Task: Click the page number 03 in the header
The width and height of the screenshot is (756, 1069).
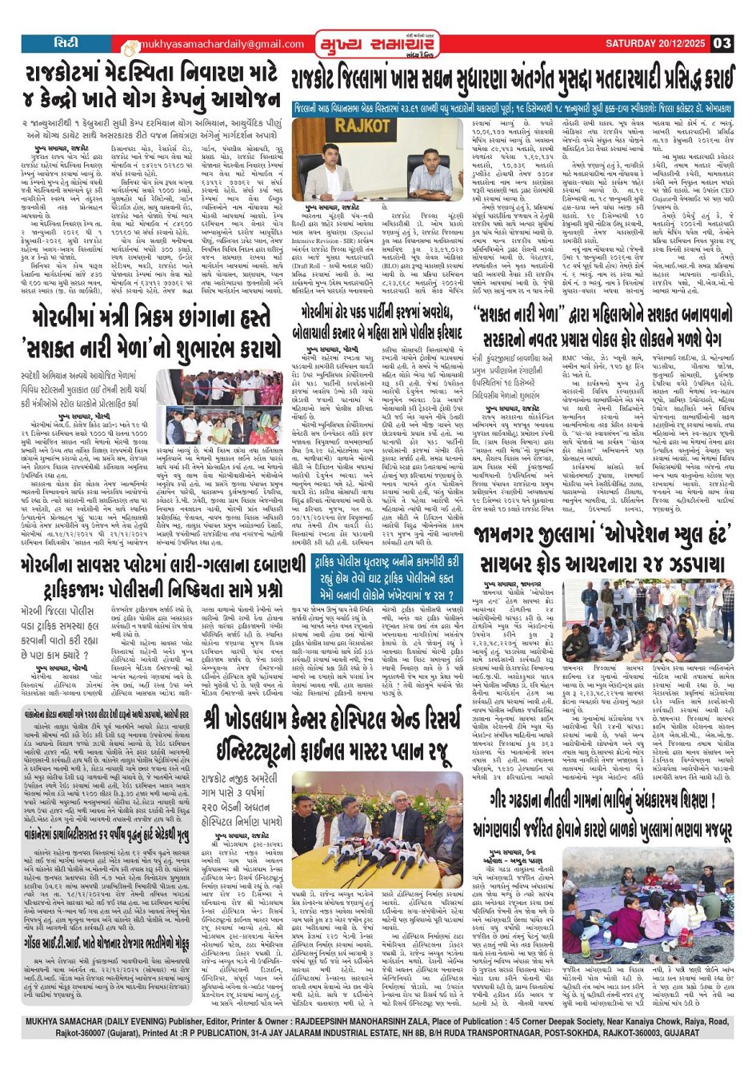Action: click(x=722, y=44)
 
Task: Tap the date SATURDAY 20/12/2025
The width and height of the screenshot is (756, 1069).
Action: click(x=655, y=44)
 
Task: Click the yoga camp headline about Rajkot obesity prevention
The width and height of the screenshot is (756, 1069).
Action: click(x=151, y=86)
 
